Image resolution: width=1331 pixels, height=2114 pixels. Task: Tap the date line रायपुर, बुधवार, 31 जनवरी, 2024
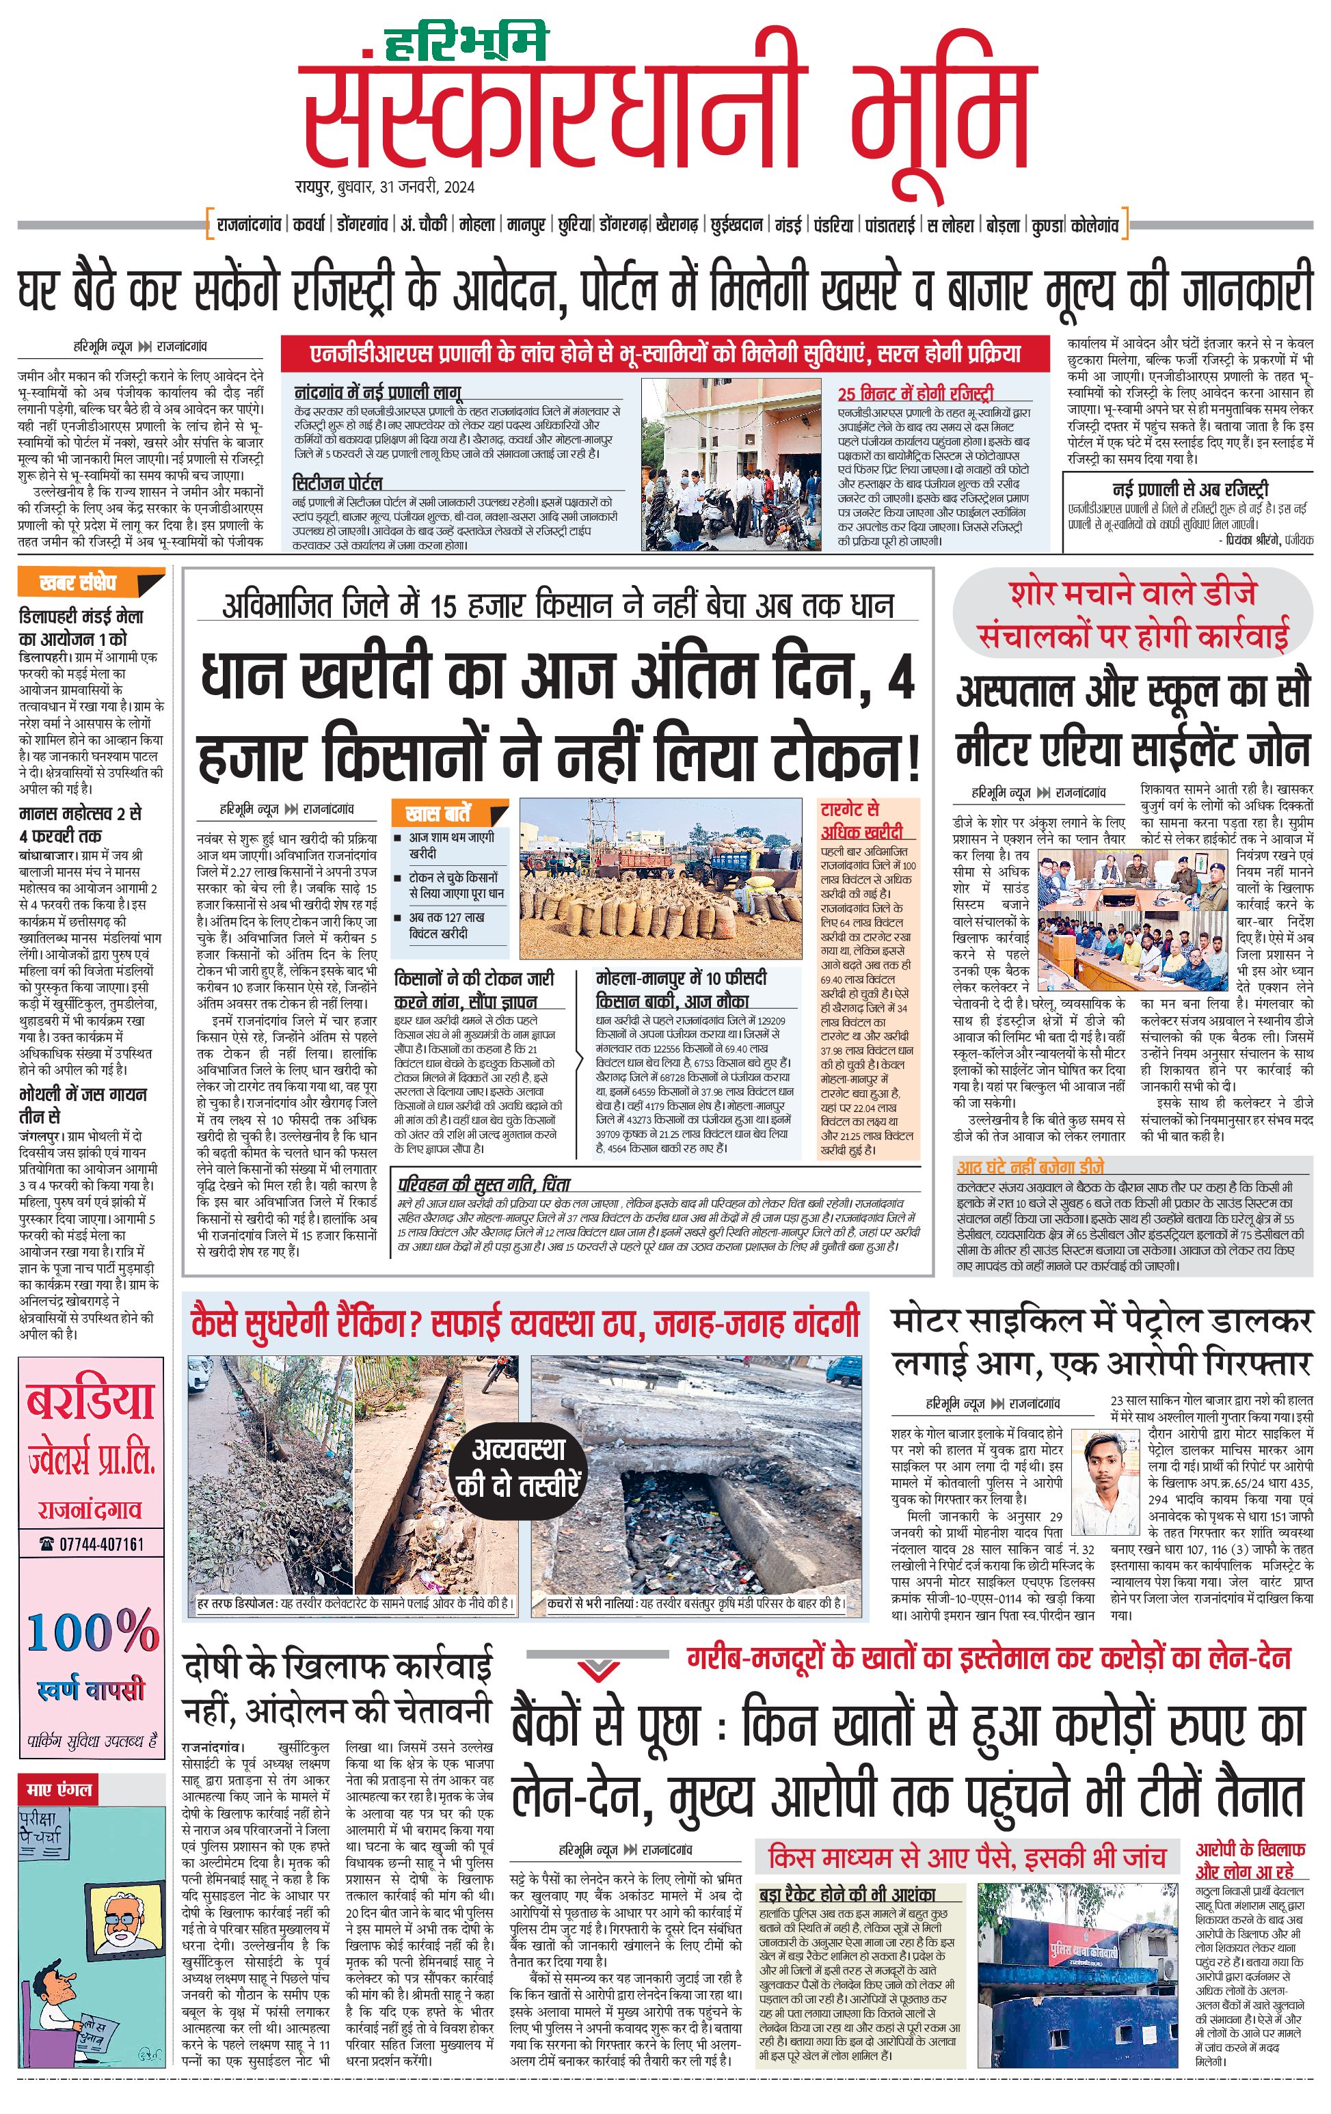click(x=385, y=187)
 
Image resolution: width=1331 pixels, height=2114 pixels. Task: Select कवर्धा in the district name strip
click(x=309, y=226)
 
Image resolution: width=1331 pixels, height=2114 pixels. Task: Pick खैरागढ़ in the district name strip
click(x=676, y=226)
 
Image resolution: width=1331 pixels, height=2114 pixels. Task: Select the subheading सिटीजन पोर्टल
click(x=337, y=483)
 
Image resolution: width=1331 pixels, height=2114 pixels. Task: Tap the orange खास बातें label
click(x=438, y=812)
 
